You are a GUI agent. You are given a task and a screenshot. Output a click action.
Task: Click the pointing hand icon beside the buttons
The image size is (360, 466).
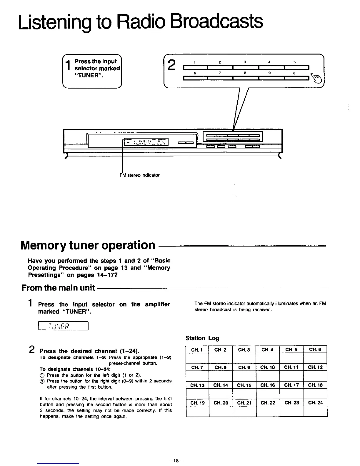(x=318, y=79)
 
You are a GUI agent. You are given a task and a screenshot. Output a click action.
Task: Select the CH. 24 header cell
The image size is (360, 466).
(x=315, y=403)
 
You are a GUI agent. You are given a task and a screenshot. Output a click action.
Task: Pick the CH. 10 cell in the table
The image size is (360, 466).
(x=268, y=367)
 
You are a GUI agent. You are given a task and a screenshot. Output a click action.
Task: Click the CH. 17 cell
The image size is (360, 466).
(x=291, y=385)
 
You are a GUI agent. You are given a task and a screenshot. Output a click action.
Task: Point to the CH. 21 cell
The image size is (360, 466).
(x=244, y=403)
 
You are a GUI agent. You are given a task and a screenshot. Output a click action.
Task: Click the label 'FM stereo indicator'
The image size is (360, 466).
(x=139, y=175)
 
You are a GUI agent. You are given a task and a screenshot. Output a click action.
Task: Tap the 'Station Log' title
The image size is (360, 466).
(x=202, y=338)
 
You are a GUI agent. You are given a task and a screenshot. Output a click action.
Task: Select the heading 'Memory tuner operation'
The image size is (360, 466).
(x=88, y=245)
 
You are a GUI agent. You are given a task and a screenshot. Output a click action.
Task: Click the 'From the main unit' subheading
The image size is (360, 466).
(x=58, y=288)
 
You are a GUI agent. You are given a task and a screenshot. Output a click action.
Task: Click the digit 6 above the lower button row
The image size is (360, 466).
(x=194, y=73)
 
